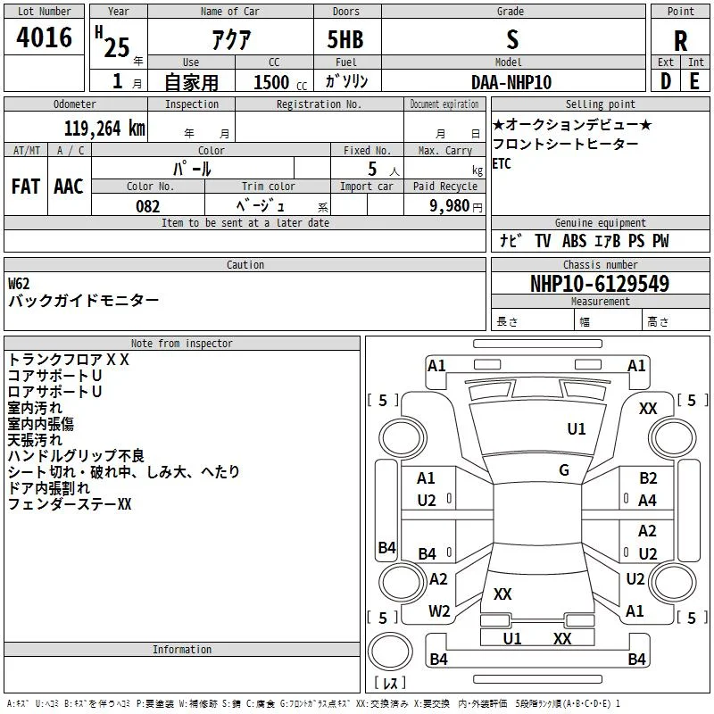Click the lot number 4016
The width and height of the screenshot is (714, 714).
pyautogui.click(x=44, y=37)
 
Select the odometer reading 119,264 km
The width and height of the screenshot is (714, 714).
pyautogui.click(x=104, y=129)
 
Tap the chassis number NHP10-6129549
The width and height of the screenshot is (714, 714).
pyautogui.click(x=600, y=284)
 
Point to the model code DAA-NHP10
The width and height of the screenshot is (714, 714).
pyautogui.click(x=511, y=82)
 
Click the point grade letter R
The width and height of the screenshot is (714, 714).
pyautogui.click(x=680, y=41)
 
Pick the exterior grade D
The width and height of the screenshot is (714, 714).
pyautogui.click(x=666, y=81)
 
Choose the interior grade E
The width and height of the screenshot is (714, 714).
pyautogui.click(x=694, y=81)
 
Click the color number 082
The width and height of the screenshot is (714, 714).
pyautogui.click(x=148, y=206)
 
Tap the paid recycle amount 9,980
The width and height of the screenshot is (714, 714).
pyautogui.click(x=450, y=205)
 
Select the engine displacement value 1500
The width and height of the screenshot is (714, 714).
pyautogui.click(x=271, y=82)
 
